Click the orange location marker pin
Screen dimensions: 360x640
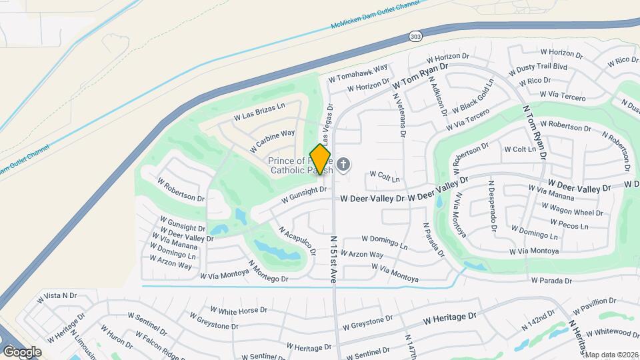click(x=321, y=160)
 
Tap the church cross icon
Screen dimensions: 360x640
click(x=343, y=164)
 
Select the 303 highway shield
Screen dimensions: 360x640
click(x=415, y=36)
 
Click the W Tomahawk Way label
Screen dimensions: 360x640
click(x=358, y=73)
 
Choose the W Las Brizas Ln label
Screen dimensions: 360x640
click(x=259, y=111)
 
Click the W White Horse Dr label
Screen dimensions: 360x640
click(x=239, y=310)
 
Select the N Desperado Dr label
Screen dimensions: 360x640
click(x=493, y=206)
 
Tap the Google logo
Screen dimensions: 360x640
click(x=22, y=351)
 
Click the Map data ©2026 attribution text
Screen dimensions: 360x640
click(x=612, y=354)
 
